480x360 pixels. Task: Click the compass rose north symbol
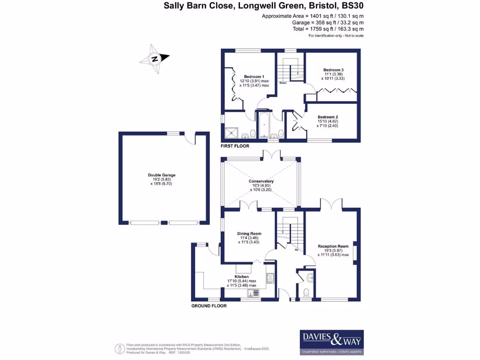pos(154,59)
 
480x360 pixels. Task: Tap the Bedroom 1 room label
pos(254,77)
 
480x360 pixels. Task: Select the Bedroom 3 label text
pos(333,70)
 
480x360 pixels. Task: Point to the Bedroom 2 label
pos(328,117)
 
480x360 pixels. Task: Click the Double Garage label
pos(161,175)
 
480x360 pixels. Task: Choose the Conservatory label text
pos(261,181)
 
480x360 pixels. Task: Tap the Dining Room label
pos(249,233)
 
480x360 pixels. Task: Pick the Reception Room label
pos(333,246)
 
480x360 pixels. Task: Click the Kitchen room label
pos(241,277)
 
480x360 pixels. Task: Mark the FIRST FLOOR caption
pos(235,146)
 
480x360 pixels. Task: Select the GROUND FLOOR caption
pos(209,306)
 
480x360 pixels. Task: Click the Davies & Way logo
pos(331,342)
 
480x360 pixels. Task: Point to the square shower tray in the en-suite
pos(232,133)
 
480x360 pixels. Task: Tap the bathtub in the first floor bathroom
pos(262,126)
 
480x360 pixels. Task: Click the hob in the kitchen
pos(270,278)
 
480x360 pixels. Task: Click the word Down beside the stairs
pos(283,83)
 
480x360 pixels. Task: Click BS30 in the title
pos(352,6)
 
